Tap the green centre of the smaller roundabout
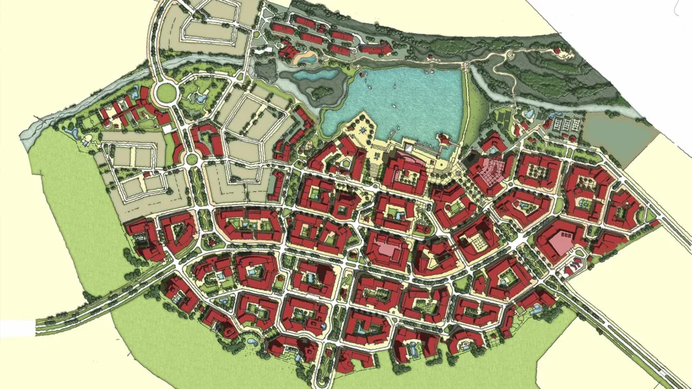tap(191, 159)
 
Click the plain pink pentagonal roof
tap(562, 239)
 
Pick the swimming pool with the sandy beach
tap(307, 59)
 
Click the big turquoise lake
tap(405, 101)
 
